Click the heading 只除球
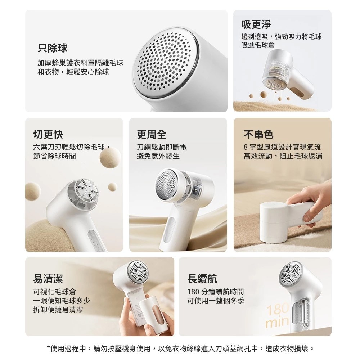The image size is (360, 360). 52,48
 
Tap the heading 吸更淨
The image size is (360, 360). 256,24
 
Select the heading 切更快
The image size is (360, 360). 48,135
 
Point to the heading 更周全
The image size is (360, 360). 152,135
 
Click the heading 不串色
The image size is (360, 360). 258,135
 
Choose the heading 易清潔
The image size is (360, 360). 48,279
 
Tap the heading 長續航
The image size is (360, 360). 202,279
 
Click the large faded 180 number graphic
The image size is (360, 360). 278,309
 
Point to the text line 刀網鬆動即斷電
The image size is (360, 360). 162,147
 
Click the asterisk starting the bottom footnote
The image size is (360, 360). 49,348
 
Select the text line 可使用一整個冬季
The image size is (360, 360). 216,301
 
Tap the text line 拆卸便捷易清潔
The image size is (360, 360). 58,310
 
